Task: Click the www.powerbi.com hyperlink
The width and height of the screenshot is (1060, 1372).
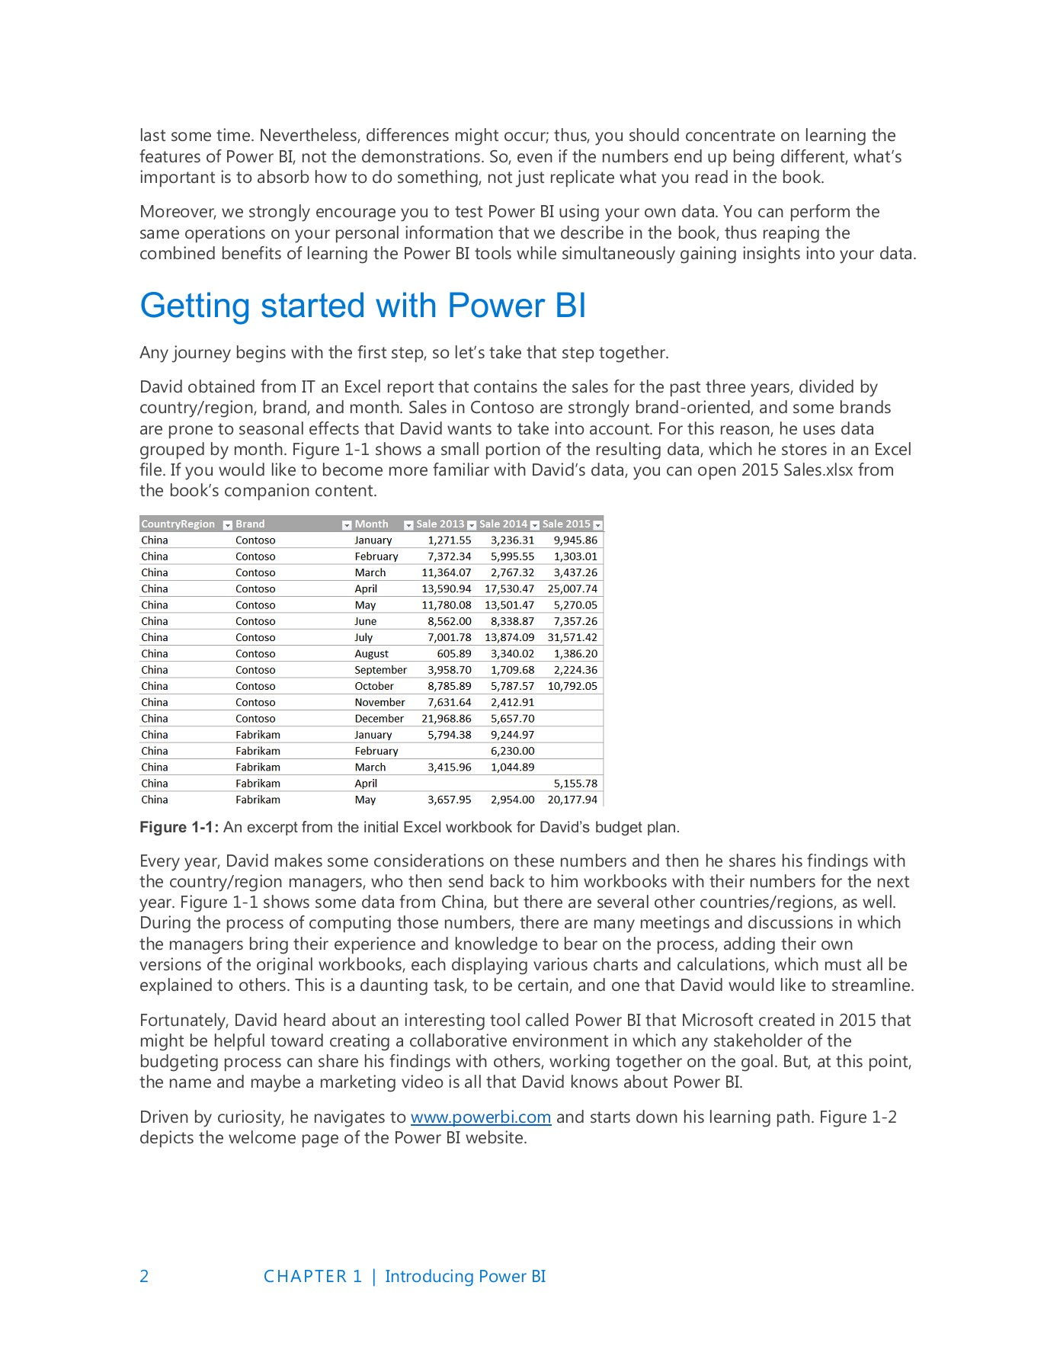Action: [x=480, y=1117]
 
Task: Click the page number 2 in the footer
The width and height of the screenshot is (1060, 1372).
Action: [x=144, y=1276]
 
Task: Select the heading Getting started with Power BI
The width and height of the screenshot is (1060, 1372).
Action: [x=363, y=306]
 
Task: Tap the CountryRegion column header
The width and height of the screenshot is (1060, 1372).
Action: [x=178, y=524]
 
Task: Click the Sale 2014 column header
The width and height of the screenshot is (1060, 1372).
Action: [x=503, y=524]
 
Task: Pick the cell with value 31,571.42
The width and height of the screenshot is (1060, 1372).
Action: [x=572, y=637]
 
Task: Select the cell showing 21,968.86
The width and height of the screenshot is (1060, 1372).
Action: [x=447, y=718]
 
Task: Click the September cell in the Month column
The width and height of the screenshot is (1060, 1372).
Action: [x=380, y=670]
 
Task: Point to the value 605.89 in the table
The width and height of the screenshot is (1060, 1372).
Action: [x=454, y=653]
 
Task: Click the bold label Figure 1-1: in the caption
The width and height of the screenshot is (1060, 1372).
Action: [x=179, y=828]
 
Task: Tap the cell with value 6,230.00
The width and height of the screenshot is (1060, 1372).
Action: [x=512, y=751]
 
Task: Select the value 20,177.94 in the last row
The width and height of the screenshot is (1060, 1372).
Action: [x=572, y=800]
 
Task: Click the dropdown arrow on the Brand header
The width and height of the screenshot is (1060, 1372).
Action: [x=347, y=524]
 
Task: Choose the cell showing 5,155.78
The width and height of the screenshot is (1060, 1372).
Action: [x=575, y=783]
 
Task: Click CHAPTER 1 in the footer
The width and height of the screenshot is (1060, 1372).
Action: [x=312, y=1276]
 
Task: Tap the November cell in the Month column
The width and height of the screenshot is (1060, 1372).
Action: [x=379, y=702]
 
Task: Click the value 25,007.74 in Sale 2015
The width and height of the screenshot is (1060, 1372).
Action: [x=572, y=588]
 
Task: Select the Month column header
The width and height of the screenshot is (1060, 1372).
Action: [x=371, y=524]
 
